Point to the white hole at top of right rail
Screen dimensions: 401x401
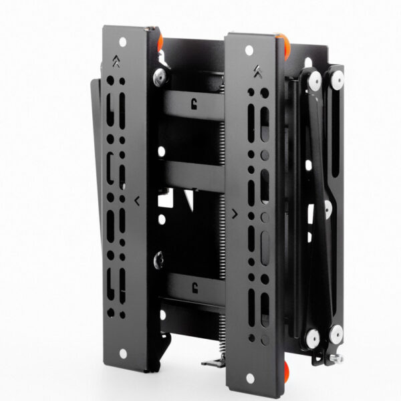pos(249,50)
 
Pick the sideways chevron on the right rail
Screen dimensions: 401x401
pos(235,214)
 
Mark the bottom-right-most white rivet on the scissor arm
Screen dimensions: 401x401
pos(337,330)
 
